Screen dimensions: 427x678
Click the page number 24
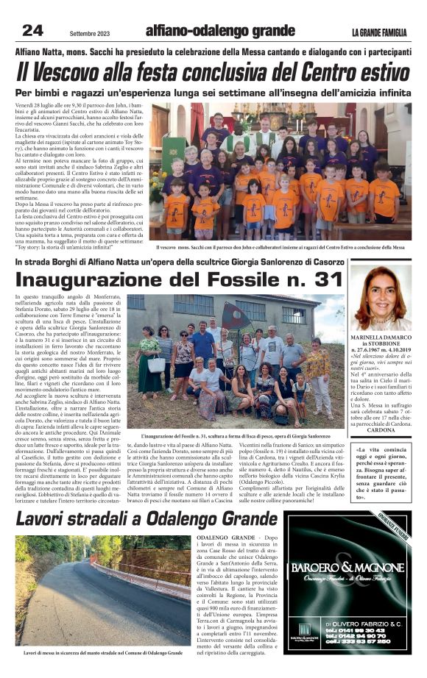pyautogui.click(x=33, y=29)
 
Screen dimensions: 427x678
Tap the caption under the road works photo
pyautogui.click(x=102, y=652)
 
